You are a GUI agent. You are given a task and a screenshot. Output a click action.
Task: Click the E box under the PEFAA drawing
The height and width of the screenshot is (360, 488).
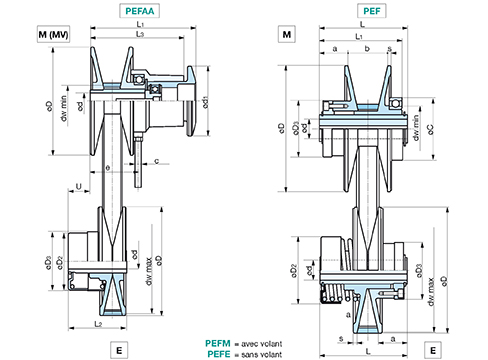pyautogui.click(x=119, y=350)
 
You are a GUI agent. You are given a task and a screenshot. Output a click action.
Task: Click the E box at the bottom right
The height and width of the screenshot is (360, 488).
pyautogui.click(x=431, y=350)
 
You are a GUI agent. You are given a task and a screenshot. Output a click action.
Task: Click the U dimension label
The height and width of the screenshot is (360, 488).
pyautogui.click(x=78, y=186)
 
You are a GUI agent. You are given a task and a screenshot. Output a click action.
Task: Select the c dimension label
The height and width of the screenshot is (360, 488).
pyautogui.click(x=157, y=160)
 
